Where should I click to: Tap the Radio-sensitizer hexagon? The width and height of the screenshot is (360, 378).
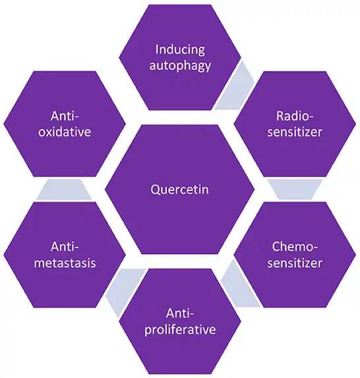pos(296,123)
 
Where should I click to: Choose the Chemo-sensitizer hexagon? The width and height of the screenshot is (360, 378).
pos(296,255)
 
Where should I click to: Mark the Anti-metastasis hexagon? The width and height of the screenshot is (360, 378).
pos(64,255)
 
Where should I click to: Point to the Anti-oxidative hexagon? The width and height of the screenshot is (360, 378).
pos(64,123)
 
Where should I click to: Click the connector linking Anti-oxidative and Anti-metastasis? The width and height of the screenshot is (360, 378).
pos(64,190)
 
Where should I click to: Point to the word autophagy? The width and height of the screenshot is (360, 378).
pos(180,65)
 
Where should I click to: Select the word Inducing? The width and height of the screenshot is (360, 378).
pos(180,49)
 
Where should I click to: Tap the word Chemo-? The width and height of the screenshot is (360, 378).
pos(296,247)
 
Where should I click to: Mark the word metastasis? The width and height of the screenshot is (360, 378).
pos(64,263)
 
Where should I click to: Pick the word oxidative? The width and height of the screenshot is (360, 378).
pos(64,132)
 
